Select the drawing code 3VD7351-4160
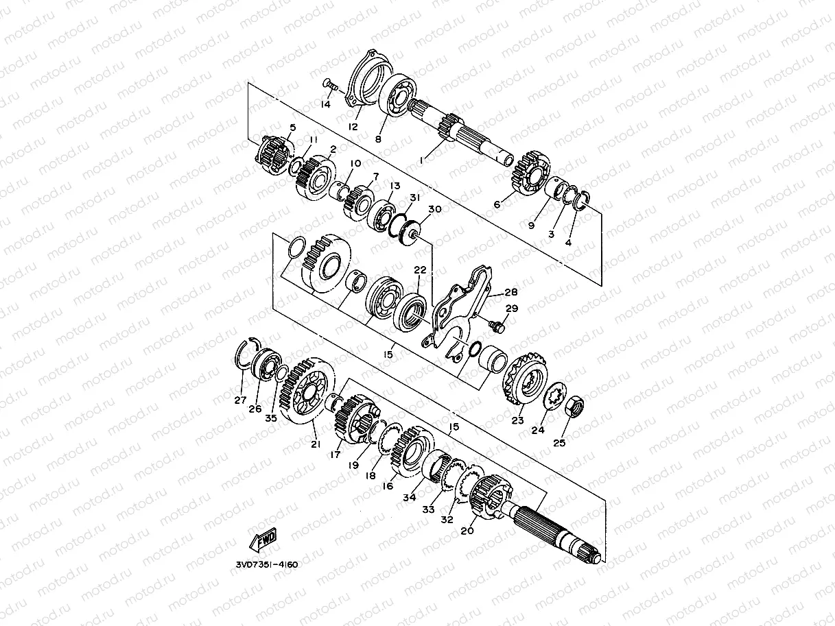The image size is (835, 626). pos(267,565)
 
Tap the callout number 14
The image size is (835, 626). pos(326,104)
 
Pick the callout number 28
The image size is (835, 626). pos(511,292)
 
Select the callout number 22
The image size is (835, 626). pos(420,270)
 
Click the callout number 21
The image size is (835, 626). pos(316,444)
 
